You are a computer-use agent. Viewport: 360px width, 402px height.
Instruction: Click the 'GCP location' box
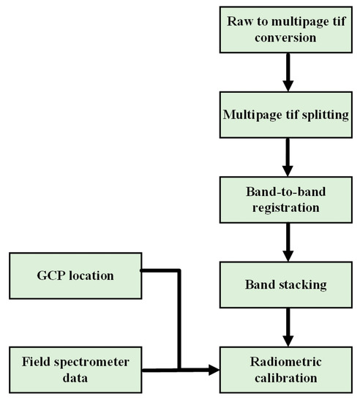(x=75, y=276)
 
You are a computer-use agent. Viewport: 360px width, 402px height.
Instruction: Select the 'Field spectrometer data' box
(x=75, y=369)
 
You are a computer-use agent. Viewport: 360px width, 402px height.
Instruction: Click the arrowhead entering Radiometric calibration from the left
(x=214, y=371)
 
